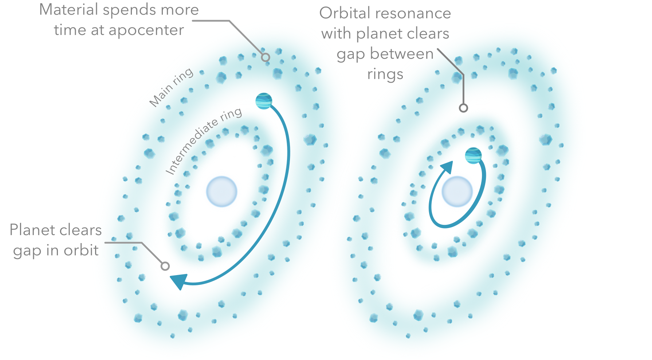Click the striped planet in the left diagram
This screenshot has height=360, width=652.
point(264,101)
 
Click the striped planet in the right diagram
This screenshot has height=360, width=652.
point(473,156)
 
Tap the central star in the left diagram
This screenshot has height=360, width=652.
point(222,191)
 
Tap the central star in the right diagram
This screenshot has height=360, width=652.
point(457,191)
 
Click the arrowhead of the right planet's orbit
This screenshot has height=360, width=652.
point(447,168)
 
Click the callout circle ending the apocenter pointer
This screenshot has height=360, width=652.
point(266,57)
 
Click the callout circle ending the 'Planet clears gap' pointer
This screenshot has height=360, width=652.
point(165,266)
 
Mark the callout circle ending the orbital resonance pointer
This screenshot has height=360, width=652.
point(463,108)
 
